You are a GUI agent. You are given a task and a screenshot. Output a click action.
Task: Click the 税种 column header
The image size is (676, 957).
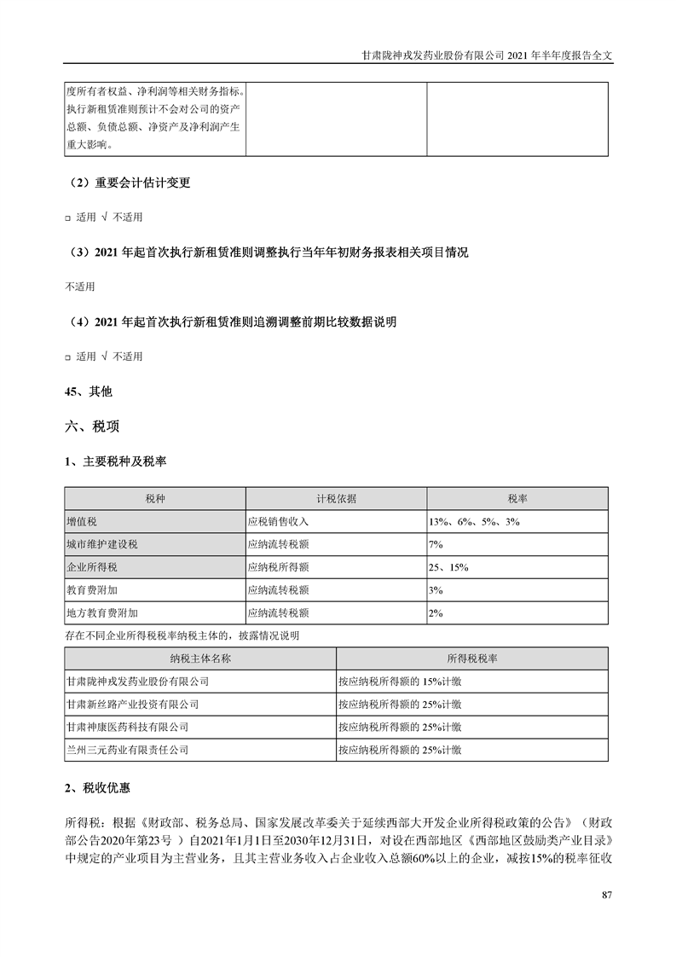tap(155, 498)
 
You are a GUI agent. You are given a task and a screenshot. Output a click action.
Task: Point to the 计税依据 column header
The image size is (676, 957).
tap(336, 498)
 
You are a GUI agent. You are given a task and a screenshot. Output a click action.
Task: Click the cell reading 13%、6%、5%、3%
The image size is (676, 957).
tap(474, 520)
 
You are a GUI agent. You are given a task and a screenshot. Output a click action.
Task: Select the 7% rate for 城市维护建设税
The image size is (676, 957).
tap(436, 543)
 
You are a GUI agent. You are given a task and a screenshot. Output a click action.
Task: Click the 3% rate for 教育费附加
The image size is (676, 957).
tap(436, 589)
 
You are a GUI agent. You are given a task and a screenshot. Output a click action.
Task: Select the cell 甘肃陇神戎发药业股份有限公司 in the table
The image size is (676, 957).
tap(137, 681)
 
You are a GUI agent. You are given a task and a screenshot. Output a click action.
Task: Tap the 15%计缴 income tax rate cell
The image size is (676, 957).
tap(400, 681)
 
